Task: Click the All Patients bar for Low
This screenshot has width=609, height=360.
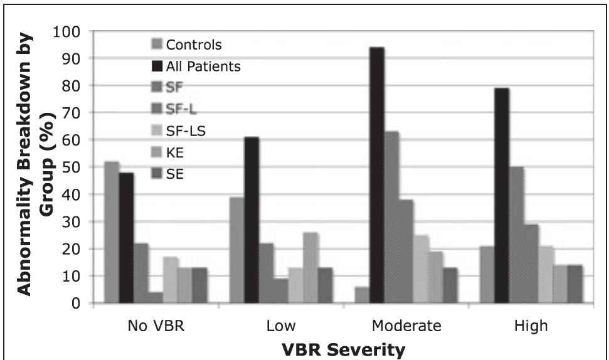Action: pyautogui.click(x=252, y=220)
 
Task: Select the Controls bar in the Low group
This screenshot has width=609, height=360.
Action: pyautogui.click(x=237, y=251)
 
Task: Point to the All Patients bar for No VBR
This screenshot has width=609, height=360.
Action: pyautogui.click(x=126, y=238)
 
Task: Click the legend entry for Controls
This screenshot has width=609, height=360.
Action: pyautogui.click(x=187, y=45)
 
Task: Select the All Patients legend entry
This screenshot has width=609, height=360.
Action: pyautogui.click(x=196, y=66)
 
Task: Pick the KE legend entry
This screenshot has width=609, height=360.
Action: pyautogui.click(x=175, y=154)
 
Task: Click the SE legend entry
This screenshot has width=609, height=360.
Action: pyautogui.click(x=175, y=175)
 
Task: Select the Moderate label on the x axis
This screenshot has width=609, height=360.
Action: pyautogui.click(x=406, y=326)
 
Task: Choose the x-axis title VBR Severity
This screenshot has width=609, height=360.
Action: pyautogui.click(x=343, y=348)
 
